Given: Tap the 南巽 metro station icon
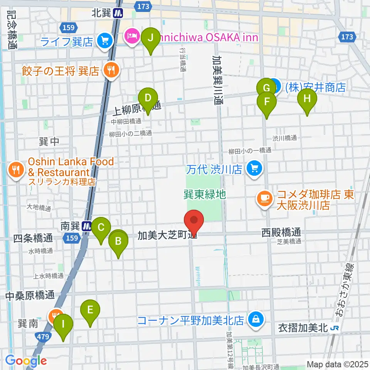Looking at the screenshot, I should (87, 226).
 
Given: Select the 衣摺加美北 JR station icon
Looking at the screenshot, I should (335, 328).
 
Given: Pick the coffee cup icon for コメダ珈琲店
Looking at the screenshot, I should (264, 198).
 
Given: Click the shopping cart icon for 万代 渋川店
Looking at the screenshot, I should (254, 168).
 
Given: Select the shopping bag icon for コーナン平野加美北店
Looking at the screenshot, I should (255, 319).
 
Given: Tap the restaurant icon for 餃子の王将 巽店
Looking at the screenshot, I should (111, 70).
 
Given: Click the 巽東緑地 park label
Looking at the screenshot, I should (204, 194).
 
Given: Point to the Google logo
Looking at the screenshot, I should (26, 360).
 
